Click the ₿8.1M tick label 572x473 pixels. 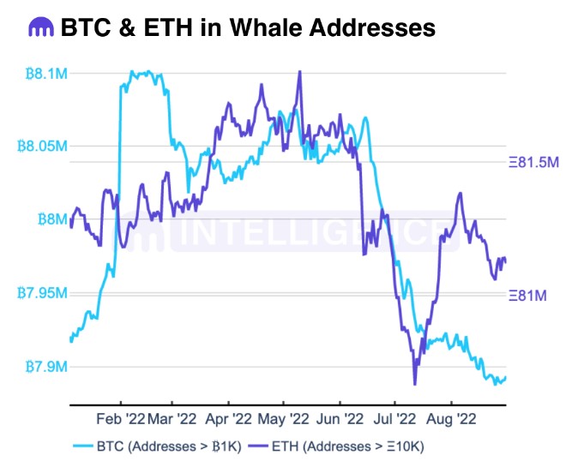42,74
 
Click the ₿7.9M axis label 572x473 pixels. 42,367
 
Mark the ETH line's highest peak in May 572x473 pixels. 299,71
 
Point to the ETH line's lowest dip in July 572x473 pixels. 415,384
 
